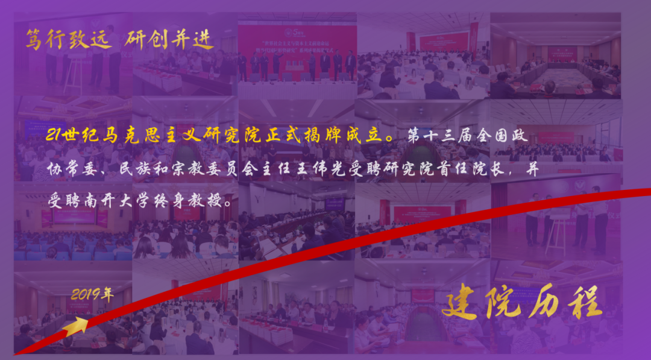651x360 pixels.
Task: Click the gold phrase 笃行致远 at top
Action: pyautogui.click(x=68, y=40)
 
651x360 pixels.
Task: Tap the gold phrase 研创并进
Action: pyautogui.click(x=170, y=40)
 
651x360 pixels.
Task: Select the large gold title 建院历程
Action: pyautogui.click(x=522, y=302)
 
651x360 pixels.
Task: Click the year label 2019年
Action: pyautogui.click(x=92, y=295)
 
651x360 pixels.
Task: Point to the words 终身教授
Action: pyautogui.click(x=192, y=201)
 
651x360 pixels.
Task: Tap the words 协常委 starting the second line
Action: pyautogui.click(x=71, y=171)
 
